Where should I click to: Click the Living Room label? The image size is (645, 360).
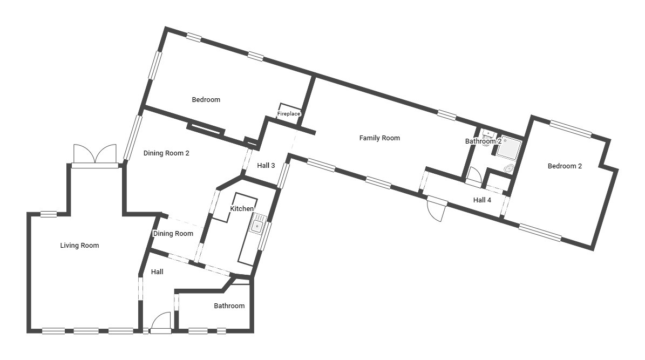79,246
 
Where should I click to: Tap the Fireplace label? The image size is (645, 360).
289,114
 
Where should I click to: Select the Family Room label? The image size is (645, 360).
379,138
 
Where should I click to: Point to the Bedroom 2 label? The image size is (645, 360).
565,166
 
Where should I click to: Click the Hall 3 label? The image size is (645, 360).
266,165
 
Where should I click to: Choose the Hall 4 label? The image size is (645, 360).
482,200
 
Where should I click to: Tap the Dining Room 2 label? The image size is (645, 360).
166,153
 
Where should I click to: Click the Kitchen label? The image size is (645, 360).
242,209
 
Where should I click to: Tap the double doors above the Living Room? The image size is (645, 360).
95,154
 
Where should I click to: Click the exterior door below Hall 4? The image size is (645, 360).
437,208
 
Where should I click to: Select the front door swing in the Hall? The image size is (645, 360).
161,321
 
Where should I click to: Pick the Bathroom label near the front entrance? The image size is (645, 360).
229,306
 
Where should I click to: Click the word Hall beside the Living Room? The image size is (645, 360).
157,272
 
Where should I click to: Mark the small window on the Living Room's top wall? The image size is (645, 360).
49,214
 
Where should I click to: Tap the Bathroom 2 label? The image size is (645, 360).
483,141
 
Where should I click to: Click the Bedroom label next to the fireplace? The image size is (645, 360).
206,99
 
